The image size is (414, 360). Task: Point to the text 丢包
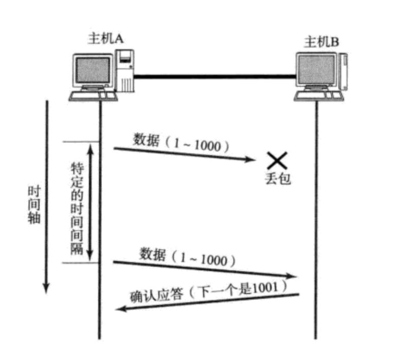[278, 179]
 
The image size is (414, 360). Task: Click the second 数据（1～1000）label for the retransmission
[187, 256]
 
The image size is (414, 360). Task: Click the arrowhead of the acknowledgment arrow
[119, 309]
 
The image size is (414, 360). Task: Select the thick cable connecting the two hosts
[214, 77]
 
